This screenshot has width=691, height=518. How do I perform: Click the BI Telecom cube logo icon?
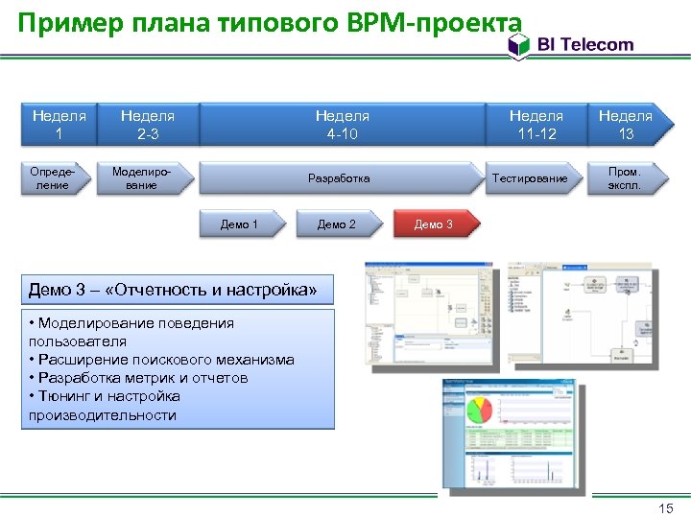(x=519, y=44)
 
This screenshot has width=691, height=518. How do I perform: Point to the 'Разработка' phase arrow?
(x=339, y=178)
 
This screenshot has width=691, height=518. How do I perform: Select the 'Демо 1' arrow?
(x=240, y=224)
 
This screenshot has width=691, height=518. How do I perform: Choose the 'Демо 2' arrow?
(x=337, y=224)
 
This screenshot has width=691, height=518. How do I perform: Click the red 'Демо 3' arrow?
(x=434, y=224)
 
